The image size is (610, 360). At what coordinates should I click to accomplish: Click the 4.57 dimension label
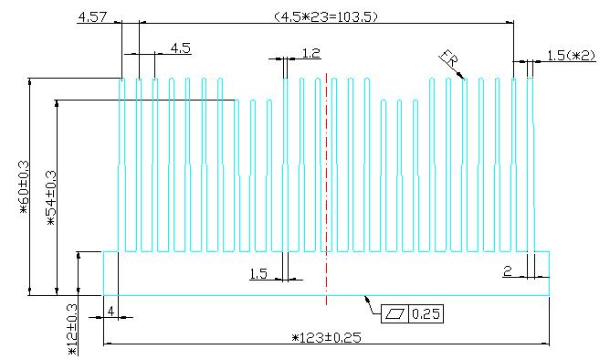click(x=92, y=17)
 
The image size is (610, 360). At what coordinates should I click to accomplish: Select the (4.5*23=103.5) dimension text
click(x=326, y=16)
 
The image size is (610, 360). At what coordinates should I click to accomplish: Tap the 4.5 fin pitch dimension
click(x=181, y=48)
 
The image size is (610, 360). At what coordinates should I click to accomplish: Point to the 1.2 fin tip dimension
click(x=311, y=53)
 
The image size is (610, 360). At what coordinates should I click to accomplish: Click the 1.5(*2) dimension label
click(x=571, y=56)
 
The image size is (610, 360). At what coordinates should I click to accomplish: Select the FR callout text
click(x=450, y=58)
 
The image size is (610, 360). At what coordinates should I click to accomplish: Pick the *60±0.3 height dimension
click(x=24, y=187)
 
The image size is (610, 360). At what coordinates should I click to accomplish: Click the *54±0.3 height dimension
click(x=51, y=198)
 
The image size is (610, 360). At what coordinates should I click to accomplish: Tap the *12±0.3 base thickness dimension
click(x=73, y=329)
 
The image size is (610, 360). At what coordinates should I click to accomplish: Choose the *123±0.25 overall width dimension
click(x=326, y=337)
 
